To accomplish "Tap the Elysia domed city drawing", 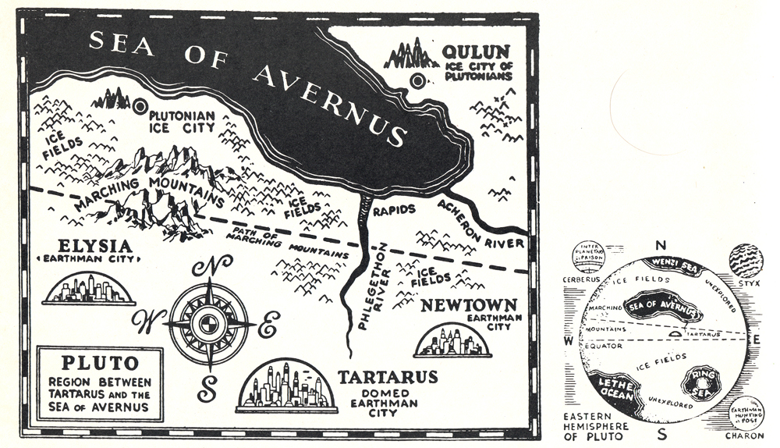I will tap(89, 288).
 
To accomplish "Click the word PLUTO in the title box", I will tap(100, 363).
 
